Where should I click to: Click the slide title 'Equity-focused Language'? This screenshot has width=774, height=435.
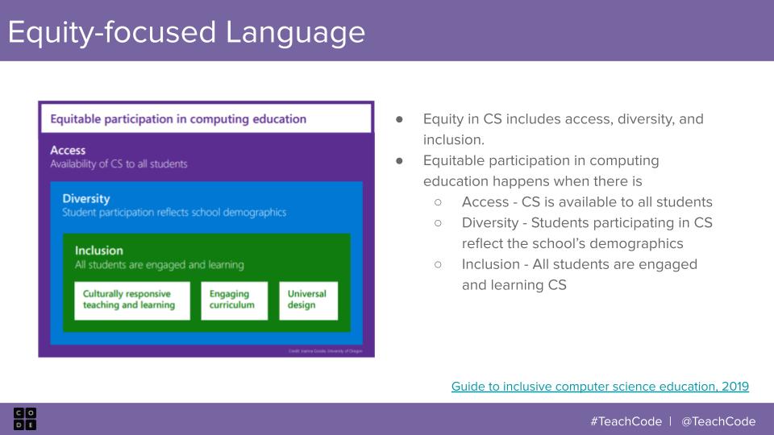(186, 32)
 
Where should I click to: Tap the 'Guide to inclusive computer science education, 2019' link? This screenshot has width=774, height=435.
(600, 387)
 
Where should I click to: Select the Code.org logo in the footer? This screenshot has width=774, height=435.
(24, 419)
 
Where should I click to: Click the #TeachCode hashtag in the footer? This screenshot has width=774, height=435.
(626, 421)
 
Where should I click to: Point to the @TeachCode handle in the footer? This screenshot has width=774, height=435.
(718, 421)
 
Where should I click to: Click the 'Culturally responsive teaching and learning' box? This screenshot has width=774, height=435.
(132, 300)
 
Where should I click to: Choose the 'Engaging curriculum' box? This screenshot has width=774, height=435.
(234, 300)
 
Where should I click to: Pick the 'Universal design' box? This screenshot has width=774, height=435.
(308, 300)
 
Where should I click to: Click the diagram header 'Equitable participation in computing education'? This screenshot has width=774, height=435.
(179, 119)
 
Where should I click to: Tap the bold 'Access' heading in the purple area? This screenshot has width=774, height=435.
(68, 150)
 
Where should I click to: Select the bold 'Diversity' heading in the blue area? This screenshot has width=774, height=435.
(86, 198)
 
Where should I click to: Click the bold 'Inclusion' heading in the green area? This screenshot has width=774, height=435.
(99, 251)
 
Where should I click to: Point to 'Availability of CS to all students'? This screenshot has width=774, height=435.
(119, 164)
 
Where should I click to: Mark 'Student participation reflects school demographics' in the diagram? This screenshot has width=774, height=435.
(174, 213)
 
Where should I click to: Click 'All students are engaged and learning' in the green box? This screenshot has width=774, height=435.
(159, 264)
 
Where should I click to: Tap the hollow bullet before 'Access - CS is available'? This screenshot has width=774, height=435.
(439, 202)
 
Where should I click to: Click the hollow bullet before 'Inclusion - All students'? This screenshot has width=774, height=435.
(439, 264)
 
